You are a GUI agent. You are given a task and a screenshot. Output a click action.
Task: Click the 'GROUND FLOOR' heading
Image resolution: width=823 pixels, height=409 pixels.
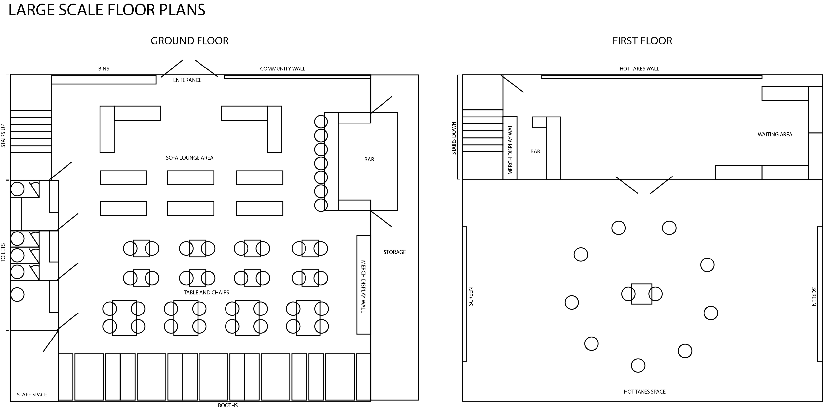pos(189,41)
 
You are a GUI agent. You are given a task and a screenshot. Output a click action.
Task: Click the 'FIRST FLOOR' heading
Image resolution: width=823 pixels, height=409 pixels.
pos(642,41)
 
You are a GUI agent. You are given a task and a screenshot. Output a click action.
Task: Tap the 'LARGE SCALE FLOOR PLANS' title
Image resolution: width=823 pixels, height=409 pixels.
pos(107,10)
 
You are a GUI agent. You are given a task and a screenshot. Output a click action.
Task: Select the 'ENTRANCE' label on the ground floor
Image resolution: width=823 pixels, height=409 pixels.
pos(187,80)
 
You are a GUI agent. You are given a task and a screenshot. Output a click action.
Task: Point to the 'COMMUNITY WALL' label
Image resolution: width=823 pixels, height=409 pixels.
pos(282,69)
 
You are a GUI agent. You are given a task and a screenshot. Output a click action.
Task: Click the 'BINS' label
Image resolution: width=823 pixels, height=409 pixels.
pos(104,69)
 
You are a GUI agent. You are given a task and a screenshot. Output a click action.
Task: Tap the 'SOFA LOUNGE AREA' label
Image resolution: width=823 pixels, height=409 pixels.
pos(189,158)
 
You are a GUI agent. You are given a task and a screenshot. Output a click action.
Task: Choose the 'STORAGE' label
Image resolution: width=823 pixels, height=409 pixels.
pos(394,252)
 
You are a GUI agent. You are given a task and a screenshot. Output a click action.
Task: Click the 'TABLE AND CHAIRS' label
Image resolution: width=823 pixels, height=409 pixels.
pos(206,292)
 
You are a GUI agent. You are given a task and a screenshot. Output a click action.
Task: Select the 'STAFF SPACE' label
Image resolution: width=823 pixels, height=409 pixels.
pos(32,394)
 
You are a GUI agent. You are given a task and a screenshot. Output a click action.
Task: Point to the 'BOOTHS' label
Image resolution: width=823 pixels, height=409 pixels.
pos(227,405)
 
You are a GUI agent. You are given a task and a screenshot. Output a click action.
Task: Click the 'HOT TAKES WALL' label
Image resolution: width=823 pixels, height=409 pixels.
pos(639,69)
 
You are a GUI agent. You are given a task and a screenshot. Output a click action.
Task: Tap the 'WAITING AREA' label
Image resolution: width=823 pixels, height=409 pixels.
pos(775,135)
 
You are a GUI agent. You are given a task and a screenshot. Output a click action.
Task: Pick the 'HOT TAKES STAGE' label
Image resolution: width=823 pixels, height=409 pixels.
pos(645,391)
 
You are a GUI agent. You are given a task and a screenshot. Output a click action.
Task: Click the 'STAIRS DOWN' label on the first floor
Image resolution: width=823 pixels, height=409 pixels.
pos(453,139)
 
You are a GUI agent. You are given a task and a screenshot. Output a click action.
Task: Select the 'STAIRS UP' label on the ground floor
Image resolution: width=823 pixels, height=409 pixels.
pos(3,136)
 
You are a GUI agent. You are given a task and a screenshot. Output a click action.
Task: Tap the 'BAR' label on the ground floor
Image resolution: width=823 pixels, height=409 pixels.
pos(369,159)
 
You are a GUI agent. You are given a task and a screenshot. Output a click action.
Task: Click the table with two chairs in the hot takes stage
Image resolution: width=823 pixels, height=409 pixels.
pos(642,294)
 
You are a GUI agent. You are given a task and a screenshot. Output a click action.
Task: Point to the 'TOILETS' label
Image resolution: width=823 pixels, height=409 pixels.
pos(3,253)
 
